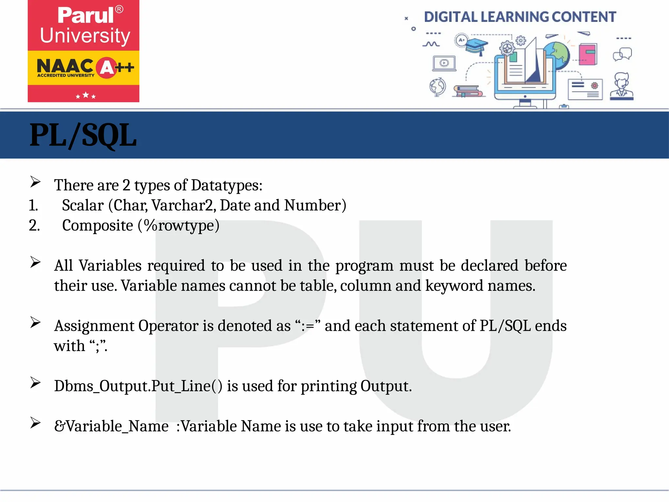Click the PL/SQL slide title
click(x=83, y=135)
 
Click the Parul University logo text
click(x=85, y=25)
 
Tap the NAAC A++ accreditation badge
click(x=85, y=68)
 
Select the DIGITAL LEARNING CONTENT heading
click(x=520, y=17)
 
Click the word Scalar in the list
click(x=83, y=206)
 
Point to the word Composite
click(x=97, y=226)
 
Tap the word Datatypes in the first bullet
click(x=226, y=185)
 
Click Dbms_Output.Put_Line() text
click(x=138, y=386)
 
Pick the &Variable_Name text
click(x=111, y=426)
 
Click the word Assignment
click(x=94, y=326)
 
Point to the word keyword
click(x=454, y=286)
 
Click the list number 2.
click(x=34, y=226)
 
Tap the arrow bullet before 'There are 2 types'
click(x=35, y=182)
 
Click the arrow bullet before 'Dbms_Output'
click(x=35, y=383)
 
